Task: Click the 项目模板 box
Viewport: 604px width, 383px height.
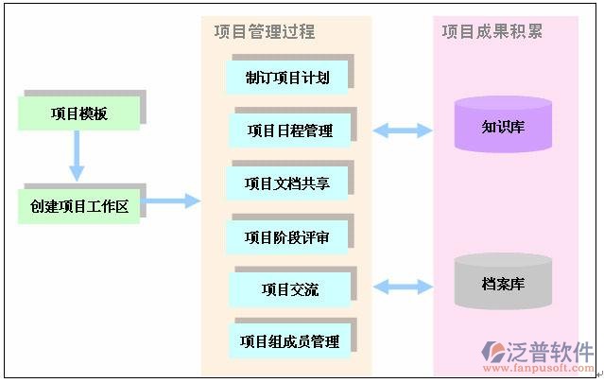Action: coord(79,114)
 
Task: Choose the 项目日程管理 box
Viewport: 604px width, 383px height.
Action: coord(289,131)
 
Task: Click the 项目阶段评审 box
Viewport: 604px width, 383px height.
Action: coord(287,236)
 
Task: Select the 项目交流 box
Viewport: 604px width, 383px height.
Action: coord(290,289)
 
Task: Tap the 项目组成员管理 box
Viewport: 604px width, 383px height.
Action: coord(289,340)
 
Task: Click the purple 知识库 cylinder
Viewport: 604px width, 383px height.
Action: coord(503,125)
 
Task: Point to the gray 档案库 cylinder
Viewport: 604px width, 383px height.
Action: coord(503,282)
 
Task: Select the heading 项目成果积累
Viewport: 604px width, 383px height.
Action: coord(492,32)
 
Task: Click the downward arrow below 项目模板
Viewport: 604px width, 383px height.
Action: coord(77,156)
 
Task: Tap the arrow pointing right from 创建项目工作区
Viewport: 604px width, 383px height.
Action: coord(172,200)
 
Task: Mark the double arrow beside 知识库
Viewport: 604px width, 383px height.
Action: coord(403,130)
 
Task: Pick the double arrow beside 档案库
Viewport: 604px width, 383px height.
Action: coord(403,286)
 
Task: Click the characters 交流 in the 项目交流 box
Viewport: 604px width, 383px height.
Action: coord(304,289)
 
